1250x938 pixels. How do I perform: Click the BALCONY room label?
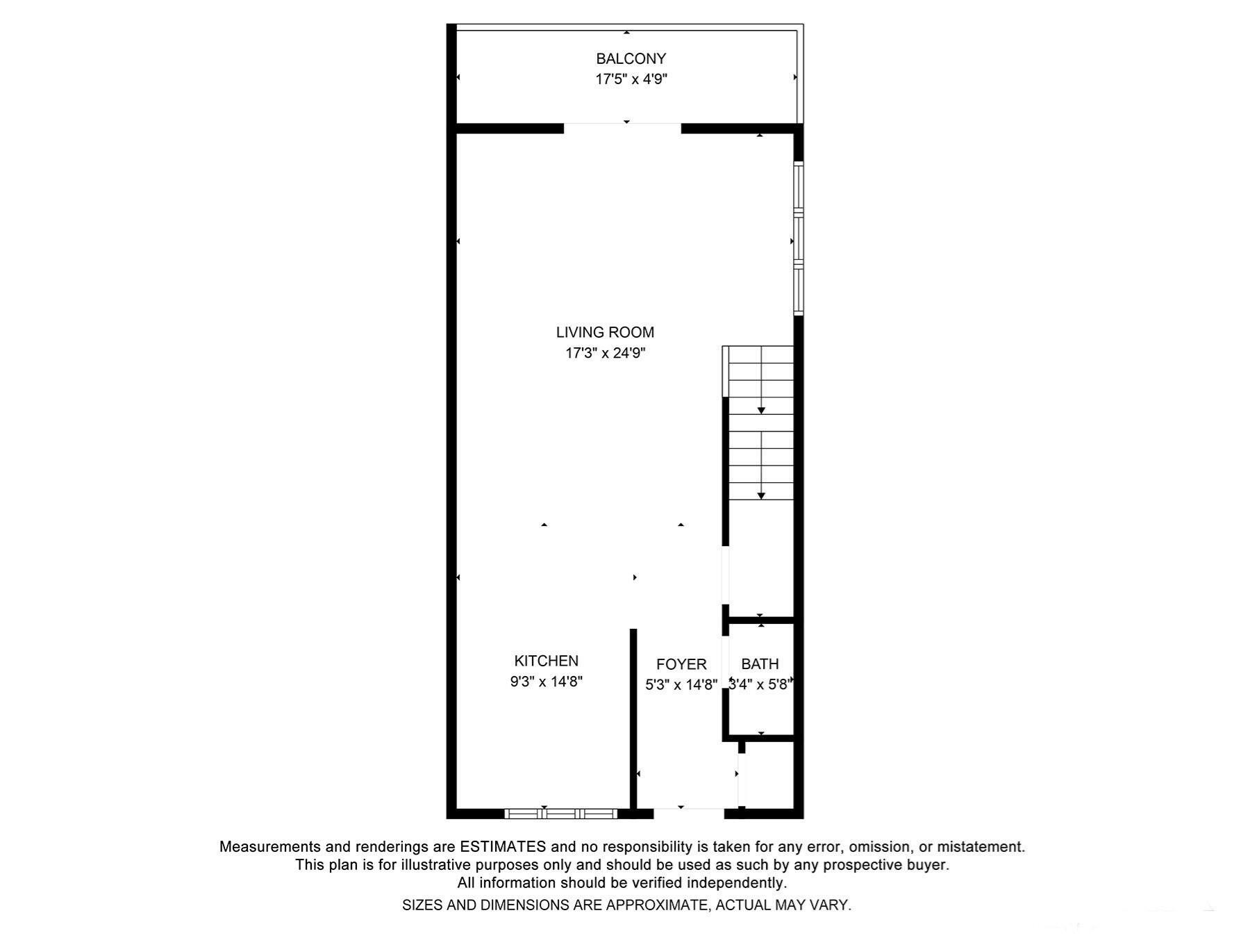pos(631,59)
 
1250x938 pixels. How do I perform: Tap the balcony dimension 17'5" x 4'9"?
pos(631,79)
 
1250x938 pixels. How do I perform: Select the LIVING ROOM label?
pos(605,333)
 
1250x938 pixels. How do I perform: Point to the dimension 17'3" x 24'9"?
pos(605,353)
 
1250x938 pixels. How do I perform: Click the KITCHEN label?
pos(546,661)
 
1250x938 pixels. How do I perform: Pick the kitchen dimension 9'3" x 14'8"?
pos(546,682)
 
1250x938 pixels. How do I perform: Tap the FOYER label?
pos(681,665)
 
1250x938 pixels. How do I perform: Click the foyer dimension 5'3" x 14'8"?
pos(681,685)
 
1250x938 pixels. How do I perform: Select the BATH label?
pos(760,664)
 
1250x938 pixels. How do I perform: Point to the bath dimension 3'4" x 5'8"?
pos(760,685)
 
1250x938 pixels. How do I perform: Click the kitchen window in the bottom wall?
pos(560,814)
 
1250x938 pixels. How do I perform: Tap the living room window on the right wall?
pos(799,238)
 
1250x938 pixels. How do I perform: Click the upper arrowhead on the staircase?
pos(761,411)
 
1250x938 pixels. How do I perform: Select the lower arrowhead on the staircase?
pos(761,495)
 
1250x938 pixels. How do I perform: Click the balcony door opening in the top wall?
pos(622,128)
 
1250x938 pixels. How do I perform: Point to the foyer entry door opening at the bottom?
pos(688,812)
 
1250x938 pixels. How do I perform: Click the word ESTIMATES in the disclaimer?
pos(503,847)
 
